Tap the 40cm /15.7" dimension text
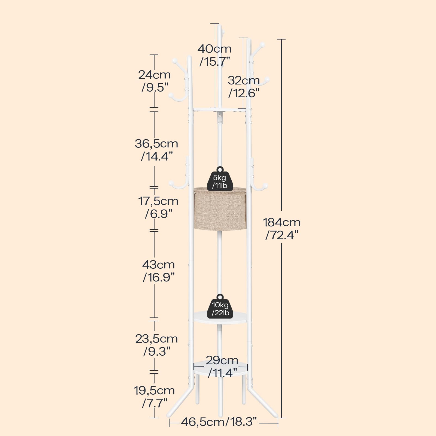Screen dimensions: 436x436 click(x=215, y=55)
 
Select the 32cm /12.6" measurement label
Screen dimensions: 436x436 click(x=244, y=86)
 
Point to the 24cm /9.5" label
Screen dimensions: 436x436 click(x=155, y=81)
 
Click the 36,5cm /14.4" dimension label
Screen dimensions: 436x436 click(x=156, y=150)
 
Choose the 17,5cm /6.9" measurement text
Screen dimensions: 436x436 click(x=158, y=207)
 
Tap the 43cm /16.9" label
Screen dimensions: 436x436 click(x=159, y=271)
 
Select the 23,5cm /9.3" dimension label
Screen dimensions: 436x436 click(x=156, y=345)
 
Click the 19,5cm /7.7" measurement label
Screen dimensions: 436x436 click(x=154, y=396)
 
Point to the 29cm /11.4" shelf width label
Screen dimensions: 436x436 click(x=222, y=366)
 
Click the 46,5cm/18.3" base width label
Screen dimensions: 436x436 click(x=219, y=422)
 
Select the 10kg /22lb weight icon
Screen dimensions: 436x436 click(x=220, y=306)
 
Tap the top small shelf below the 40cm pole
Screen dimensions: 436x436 click(x=220, y=110)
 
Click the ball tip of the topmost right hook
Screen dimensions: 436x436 click(x=262, y=45)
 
